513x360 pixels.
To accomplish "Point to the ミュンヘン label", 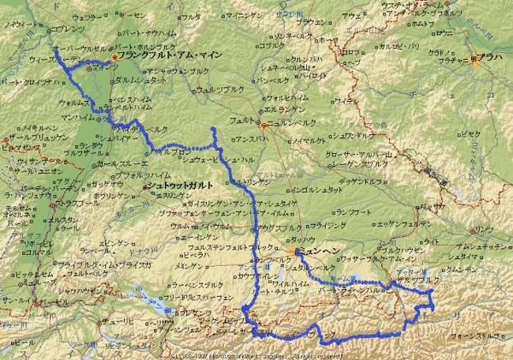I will [318, 253].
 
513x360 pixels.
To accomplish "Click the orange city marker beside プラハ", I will [474, 58].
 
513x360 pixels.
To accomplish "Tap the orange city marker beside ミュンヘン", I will [297, 253].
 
